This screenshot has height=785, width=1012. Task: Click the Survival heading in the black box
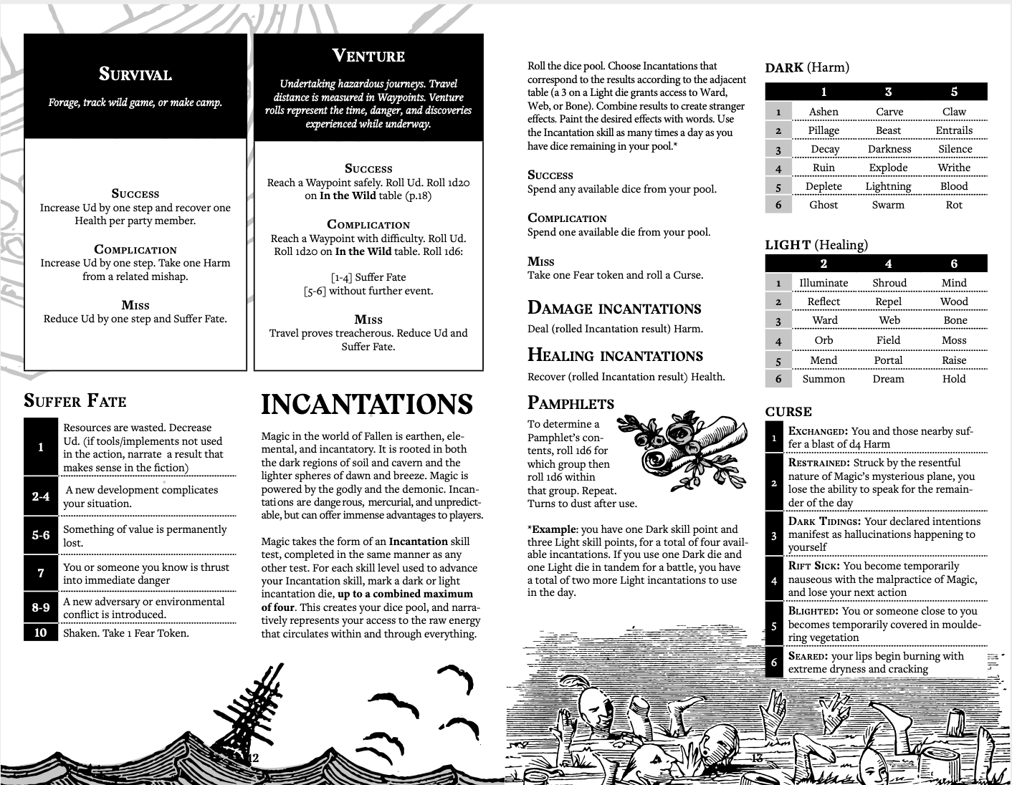[135, 74]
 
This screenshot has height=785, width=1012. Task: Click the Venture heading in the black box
[368, 56]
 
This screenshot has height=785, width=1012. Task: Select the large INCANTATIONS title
[367, 405]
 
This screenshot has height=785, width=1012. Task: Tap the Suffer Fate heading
[75, 400]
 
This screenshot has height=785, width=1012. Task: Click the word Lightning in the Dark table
[888, 186]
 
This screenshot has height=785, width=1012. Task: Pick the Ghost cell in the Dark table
[824, 205]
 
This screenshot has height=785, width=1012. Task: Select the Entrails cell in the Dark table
[954, 130]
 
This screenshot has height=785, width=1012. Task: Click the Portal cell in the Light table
[889, 360]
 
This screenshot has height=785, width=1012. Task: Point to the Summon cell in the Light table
[824, 379]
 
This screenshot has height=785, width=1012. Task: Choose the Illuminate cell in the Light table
[824, 283]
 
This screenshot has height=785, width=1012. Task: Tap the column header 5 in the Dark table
[954, 92]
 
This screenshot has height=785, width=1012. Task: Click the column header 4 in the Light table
[889, 264]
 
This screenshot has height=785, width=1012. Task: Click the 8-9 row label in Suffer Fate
[41, 607]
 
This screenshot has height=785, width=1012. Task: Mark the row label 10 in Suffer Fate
[41, 632]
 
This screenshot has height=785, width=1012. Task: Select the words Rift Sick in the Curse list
[809, 566]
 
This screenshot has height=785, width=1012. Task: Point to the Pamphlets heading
[571, 403]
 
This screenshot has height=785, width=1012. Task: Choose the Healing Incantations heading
[615, 355]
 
